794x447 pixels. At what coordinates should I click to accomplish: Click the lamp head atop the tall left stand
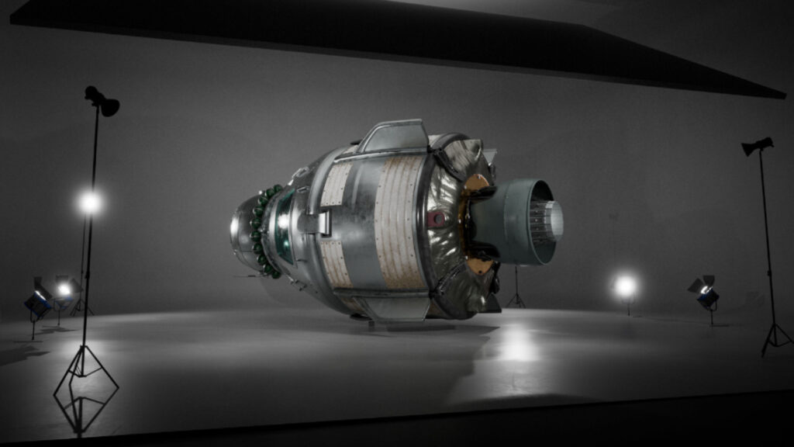102,101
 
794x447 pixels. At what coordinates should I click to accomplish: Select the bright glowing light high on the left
90,203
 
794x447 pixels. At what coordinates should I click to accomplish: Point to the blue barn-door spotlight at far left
37,302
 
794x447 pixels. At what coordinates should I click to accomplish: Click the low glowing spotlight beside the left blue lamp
64,289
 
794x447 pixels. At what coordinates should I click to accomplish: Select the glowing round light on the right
625,286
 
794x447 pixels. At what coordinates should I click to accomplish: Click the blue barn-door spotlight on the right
706,294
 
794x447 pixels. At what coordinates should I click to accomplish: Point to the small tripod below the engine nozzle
516,292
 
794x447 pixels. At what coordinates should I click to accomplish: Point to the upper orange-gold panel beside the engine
475,184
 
